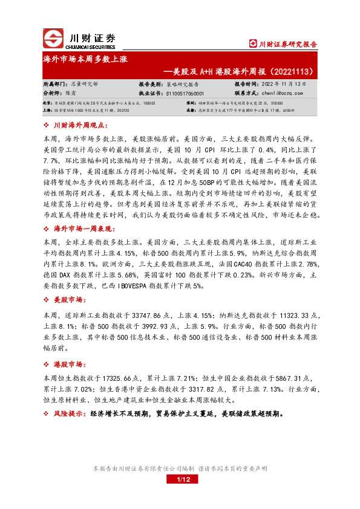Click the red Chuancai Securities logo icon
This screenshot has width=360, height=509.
click(53, 38)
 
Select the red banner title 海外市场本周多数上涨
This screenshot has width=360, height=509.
click(85, 61)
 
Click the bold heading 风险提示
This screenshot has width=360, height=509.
click(70, 414)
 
